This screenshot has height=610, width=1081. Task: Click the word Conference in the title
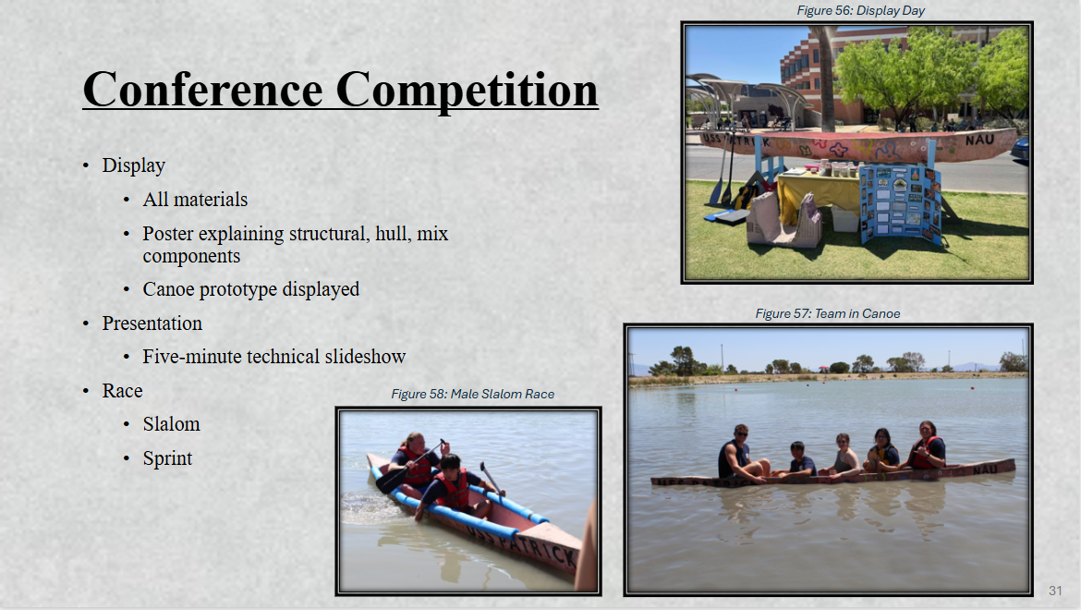tap(202, 90)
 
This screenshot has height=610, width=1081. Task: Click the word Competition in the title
tap(467, 91)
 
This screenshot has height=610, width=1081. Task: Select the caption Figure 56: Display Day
tap(860, 10)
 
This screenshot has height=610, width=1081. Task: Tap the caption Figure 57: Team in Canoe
tap(827, 313)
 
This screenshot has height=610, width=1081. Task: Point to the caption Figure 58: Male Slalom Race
tap(472, 395)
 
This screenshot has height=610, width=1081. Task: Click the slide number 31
tap(1055, 591)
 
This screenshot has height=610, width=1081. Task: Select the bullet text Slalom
tap(171, 424)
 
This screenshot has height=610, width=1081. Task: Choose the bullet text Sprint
tap(167, 458)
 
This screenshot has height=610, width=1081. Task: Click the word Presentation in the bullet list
tap(152, 323)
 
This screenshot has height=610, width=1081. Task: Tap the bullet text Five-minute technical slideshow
tap(273, 357)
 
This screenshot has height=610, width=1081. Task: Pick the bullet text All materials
tap(195, 200)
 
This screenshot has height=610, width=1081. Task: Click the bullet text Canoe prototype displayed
tap(251, 289)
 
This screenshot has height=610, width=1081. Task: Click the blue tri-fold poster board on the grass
tap(901, 203)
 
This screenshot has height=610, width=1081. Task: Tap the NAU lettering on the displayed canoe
tap(979, 140)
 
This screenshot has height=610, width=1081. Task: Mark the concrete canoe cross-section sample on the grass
tap(784, 219)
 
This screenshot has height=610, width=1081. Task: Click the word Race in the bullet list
tap(122, 391)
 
